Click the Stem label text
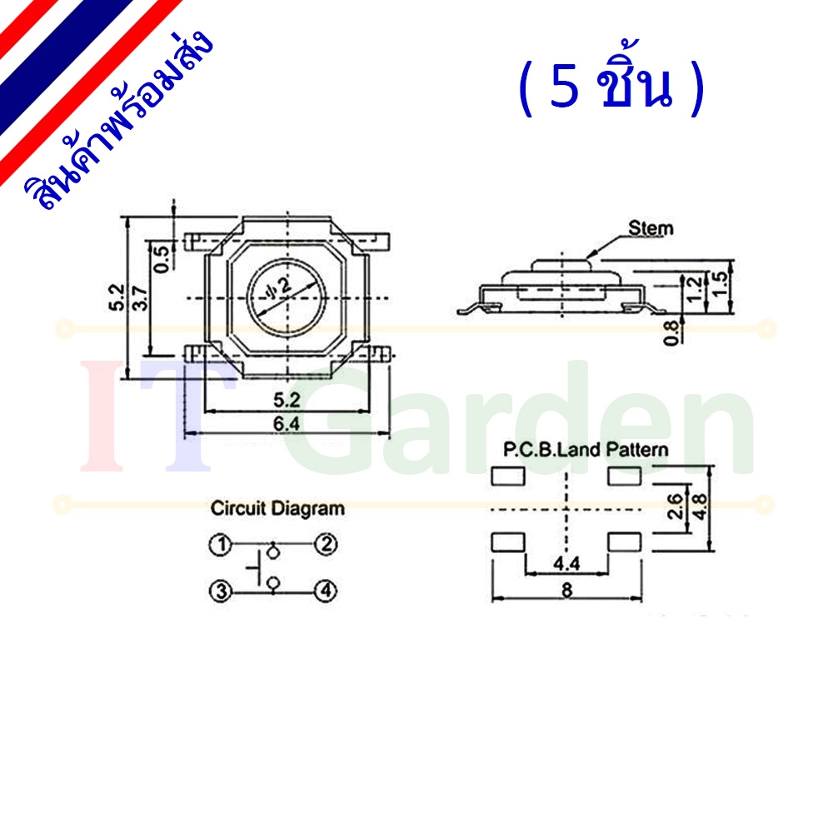click(651, 228)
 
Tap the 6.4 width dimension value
click(287, 424)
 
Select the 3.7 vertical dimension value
click(141, 298)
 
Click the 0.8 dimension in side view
click(671, 332)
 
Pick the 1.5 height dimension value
click(720, 285)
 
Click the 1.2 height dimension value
click(695, 289)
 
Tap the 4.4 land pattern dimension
click(566, 563)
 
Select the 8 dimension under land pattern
click(566, 590)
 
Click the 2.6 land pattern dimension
click(675, 506)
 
